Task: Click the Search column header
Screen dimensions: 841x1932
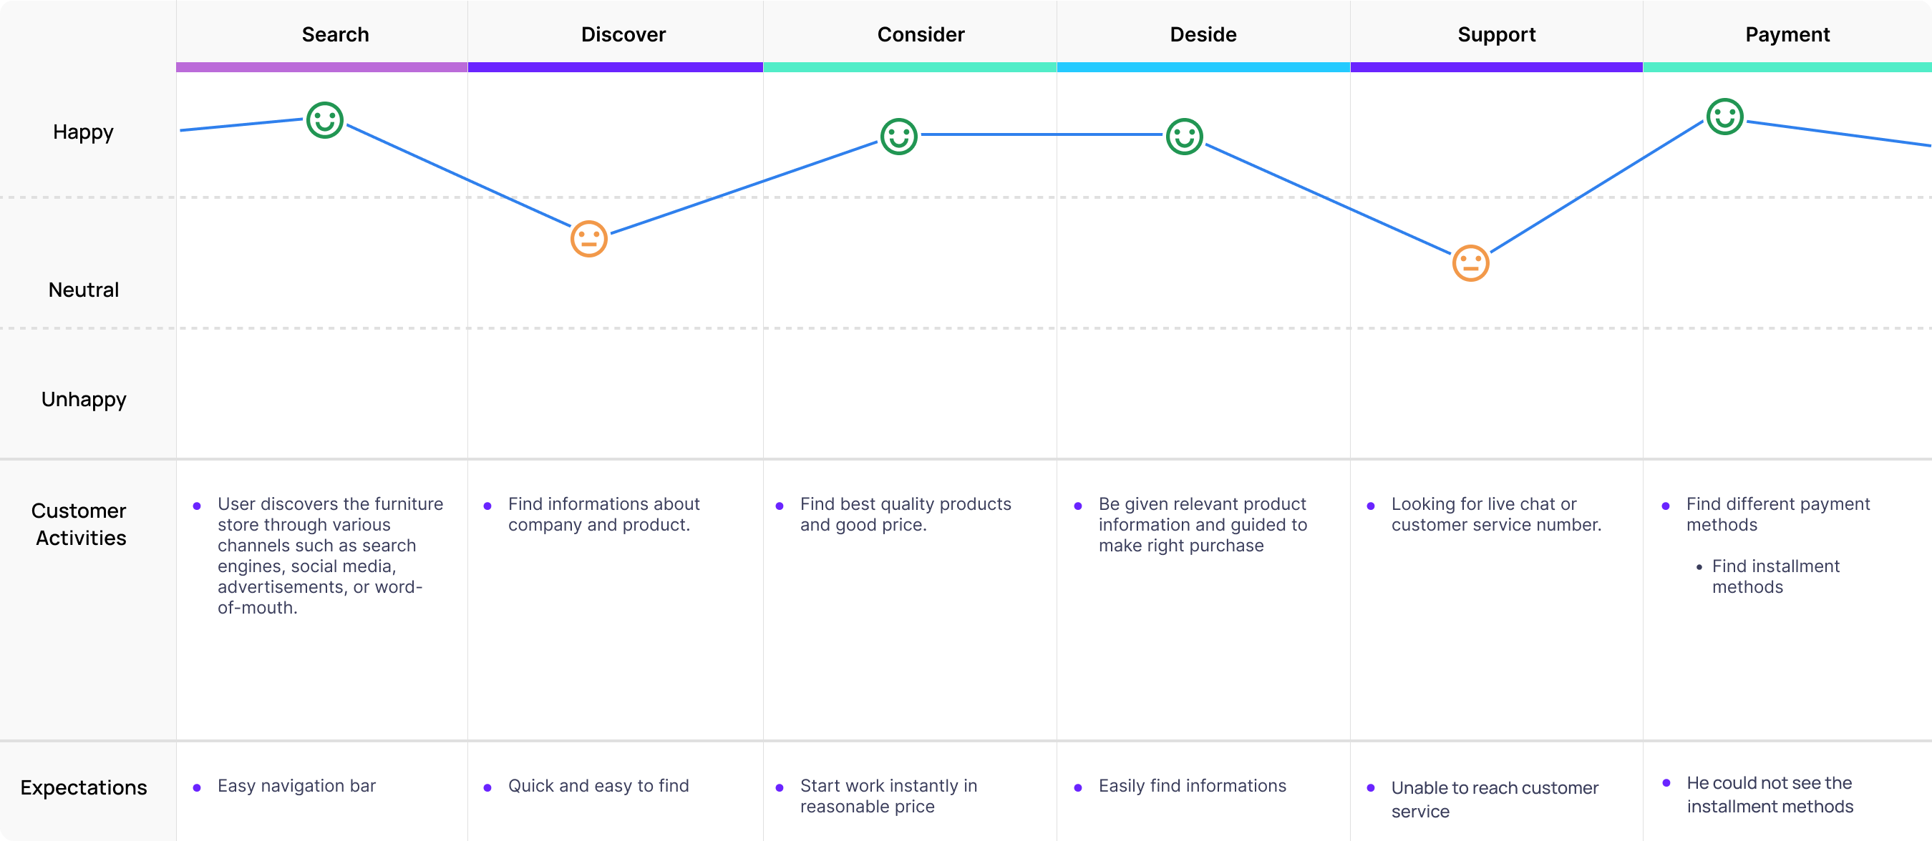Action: pyautogui.click(x=335, y=34)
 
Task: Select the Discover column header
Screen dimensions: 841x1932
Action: pyautogui.click(x=623, y=34)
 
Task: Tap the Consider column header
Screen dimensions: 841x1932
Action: pyautogui.click(x=921, y=34)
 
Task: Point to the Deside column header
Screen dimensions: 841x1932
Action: pyautogui.click(x=1203, y=34)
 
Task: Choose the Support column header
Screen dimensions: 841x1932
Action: pyautogui.click(x=1496, y=34)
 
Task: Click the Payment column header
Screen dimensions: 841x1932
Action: pyautogui.click(x=1787, y=34)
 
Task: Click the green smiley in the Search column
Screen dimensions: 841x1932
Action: pyautogui.click(x=325, y=120)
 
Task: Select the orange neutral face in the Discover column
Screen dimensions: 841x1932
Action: pyautogui.click(x=588, y=239)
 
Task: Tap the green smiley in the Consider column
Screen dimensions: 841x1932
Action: pyautogui.click(x=898, y=137)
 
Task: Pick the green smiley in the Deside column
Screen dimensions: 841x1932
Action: pyautogui.click(x=1184, y=137)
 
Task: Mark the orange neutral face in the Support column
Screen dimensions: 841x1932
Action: pyautogui.click(x=1470, y=263)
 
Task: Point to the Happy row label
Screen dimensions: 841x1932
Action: pyautogui.click(x=83, y=132)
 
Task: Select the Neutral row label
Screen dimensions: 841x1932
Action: pyautogui.click(x=83, y=290)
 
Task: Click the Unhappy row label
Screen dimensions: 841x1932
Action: pyautogui.click(x=83, y=400)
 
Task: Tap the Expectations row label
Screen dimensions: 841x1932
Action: pyautogui.click(x=83, y=788)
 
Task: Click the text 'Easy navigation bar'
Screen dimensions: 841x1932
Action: pyautogui.click(x=296, y=785)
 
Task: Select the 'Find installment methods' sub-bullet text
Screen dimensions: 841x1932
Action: pyautogui.click(x=1775, y=576)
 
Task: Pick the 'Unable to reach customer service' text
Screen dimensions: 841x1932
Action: pyautogui.click(x=1494, y=799)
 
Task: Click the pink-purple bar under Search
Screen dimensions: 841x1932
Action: pyautogui.click(x=321, y=67)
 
